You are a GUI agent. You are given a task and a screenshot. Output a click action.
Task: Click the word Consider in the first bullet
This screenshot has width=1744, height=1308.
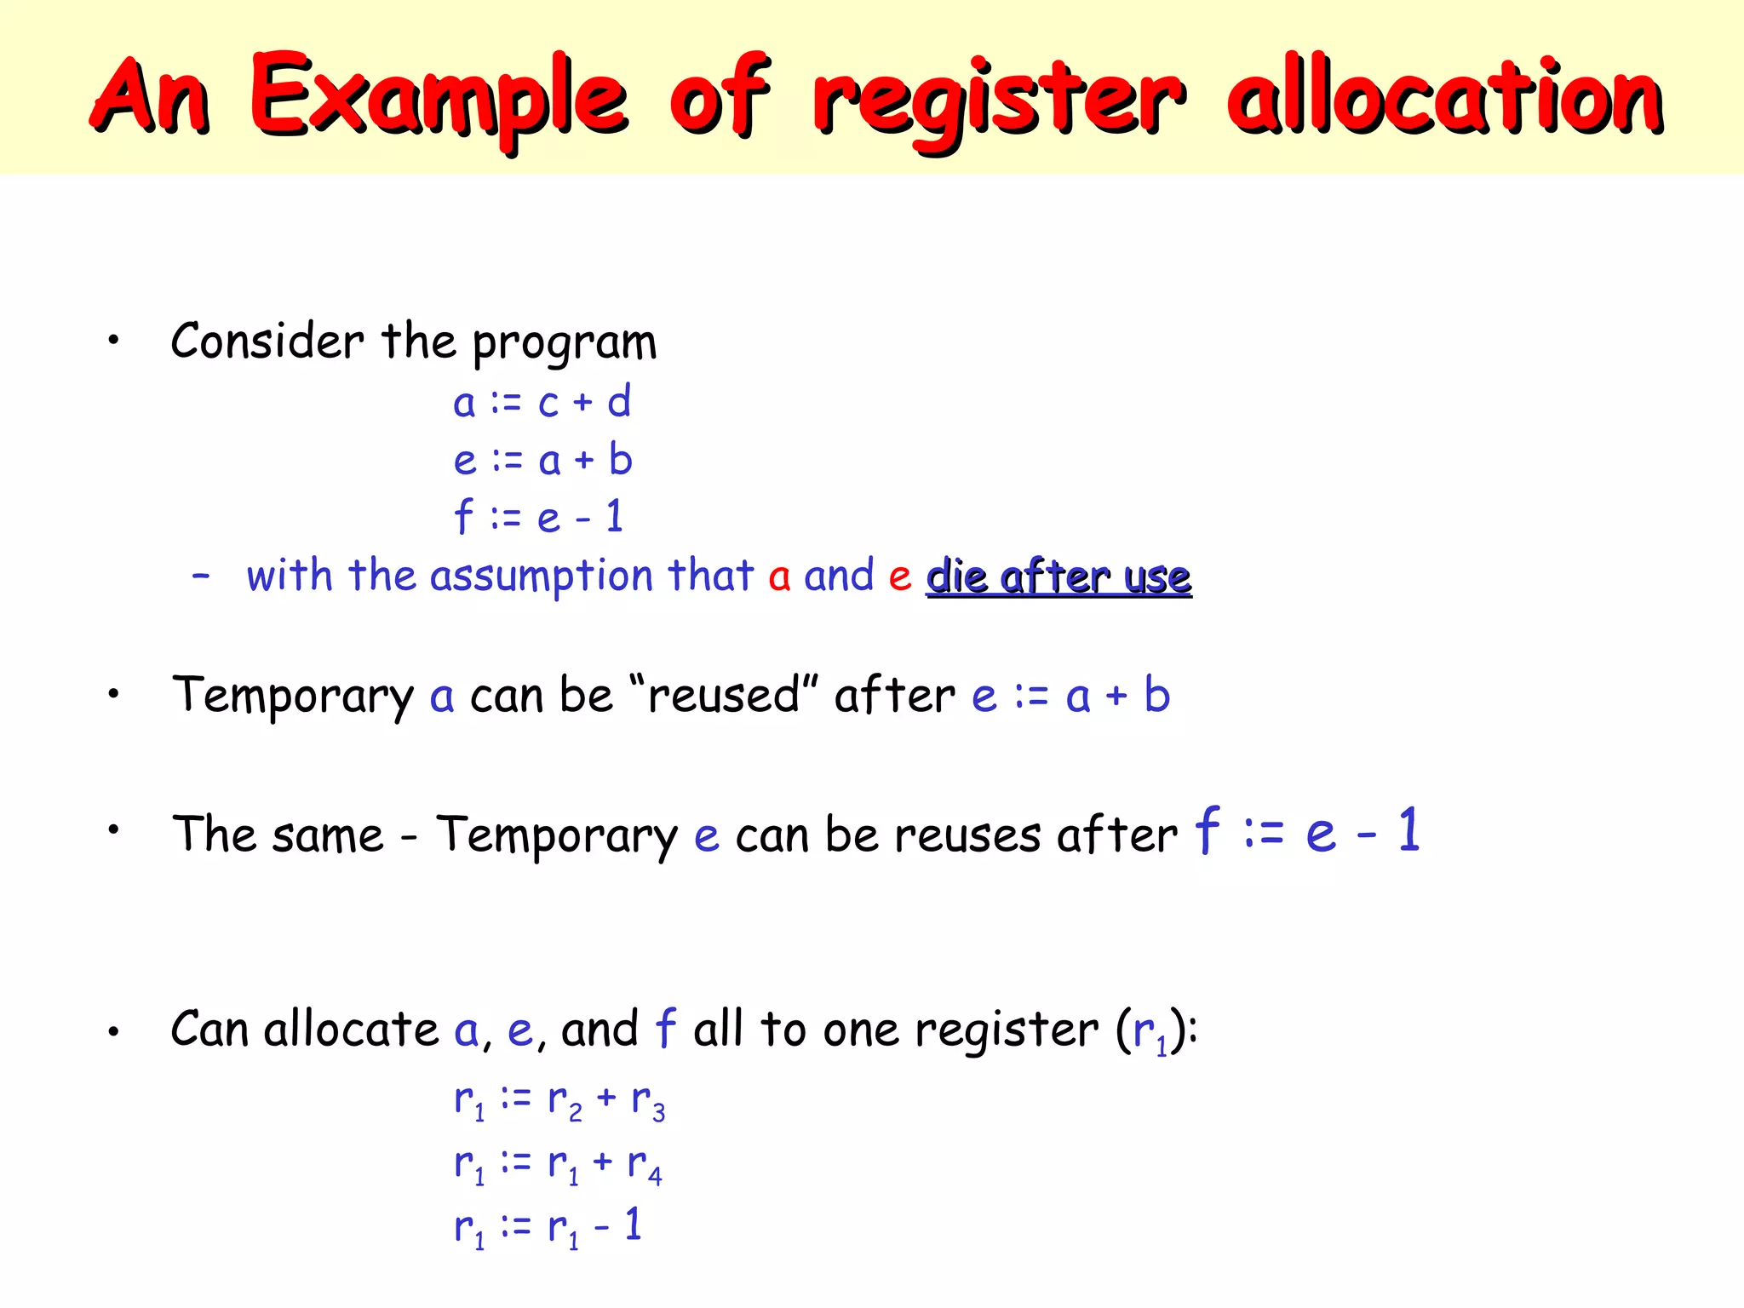point(267,341)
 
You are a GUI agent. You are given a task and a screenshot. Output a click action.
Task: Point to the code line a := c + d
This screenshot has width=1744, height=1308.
point(542,402)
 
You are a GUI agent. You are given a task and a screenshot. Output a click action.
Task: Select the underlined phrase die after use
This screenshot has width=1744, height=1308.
point(1058,577)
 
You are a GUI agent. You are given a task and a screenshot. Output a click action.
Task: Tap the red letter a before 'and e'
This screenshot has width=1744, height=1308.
point(779,577)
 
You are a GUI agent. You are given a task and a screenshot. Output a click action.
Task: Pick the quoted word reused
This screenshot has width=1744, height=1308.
point(724,695)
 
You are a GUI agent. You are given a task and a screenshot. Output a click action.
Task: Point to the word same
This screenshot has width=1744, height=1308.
point(328,835)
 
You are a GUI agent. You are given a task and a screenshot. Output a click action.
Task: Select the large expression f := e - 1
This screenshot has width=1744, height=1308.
point(1307,830)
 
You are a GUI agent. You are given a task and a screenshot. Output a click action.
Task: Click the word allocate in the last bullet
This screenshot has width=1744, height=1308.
point(351,1030)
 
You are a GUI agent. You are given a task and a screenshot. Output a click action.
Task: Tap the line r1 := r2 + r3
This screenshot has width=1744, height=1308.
point(559,1100)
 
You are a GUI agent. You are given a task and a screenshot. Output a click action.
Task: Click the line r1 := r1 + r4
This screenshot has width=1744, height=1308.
point(557,1164)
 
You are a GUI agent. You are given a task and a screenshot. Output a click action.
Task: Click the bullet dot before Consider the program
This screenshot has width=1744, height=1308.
point(113,341)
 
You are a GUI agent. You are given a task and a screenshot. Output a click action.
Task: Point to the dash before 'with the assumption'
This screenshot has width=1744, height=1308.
point(201,577)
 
